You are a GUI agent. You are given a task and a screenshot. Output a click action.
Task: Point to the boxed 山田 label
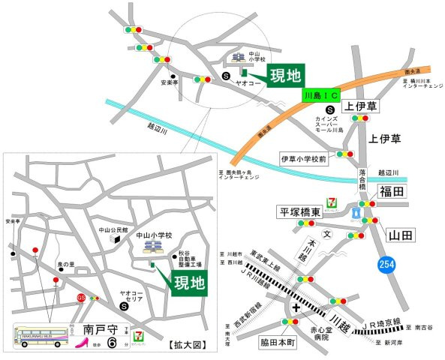[x=399, y=235]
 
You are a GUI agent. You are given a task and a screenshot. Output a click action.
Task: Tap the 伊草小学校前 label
[x=302, y=159]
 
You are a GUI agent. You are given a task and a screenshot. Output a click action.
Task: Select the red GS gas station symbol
[x=80, y=297]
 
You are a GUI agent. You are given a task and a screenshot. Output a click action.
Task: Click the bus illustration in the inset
[x=42, y=334]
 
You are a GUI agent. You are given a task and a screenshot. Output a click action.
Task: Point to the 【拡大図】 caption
[x=182, y=346]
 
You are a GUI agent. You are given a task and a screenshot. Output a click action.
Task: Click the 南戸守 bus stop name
[x=99, y=328]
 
